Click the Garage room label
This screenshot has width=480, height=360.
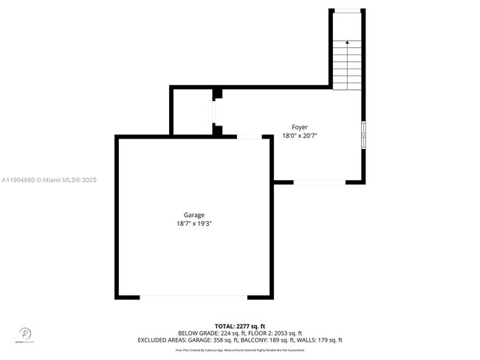point(194,215)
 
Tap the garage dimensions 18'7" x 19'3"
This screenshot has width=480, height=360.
point(194,224)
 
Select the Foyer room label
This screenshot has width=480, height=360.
point(300,127)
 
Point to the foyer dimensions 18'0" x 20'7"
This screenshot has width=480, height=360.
point(300,136)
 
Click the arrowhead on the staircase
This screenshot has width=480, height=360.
point(347,44)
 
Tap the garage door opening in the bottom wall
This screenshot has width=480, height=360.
point(193,297)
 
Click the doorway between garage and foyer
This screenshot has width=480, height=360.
point(249,136)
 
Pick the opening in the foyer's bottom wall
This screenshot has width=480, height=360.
point(320,181)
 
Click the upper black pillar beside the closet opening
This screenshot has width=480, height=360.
point(217,94)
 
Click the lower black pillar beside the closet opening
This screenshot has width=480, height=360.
point(217,131)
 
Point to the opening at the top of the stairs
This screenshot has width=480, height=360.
point(347,10)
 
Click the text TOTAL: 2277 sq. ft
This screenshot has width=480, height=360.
point(239,326)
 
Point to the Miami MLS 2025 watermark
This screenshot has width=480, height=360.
point(49,180)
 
